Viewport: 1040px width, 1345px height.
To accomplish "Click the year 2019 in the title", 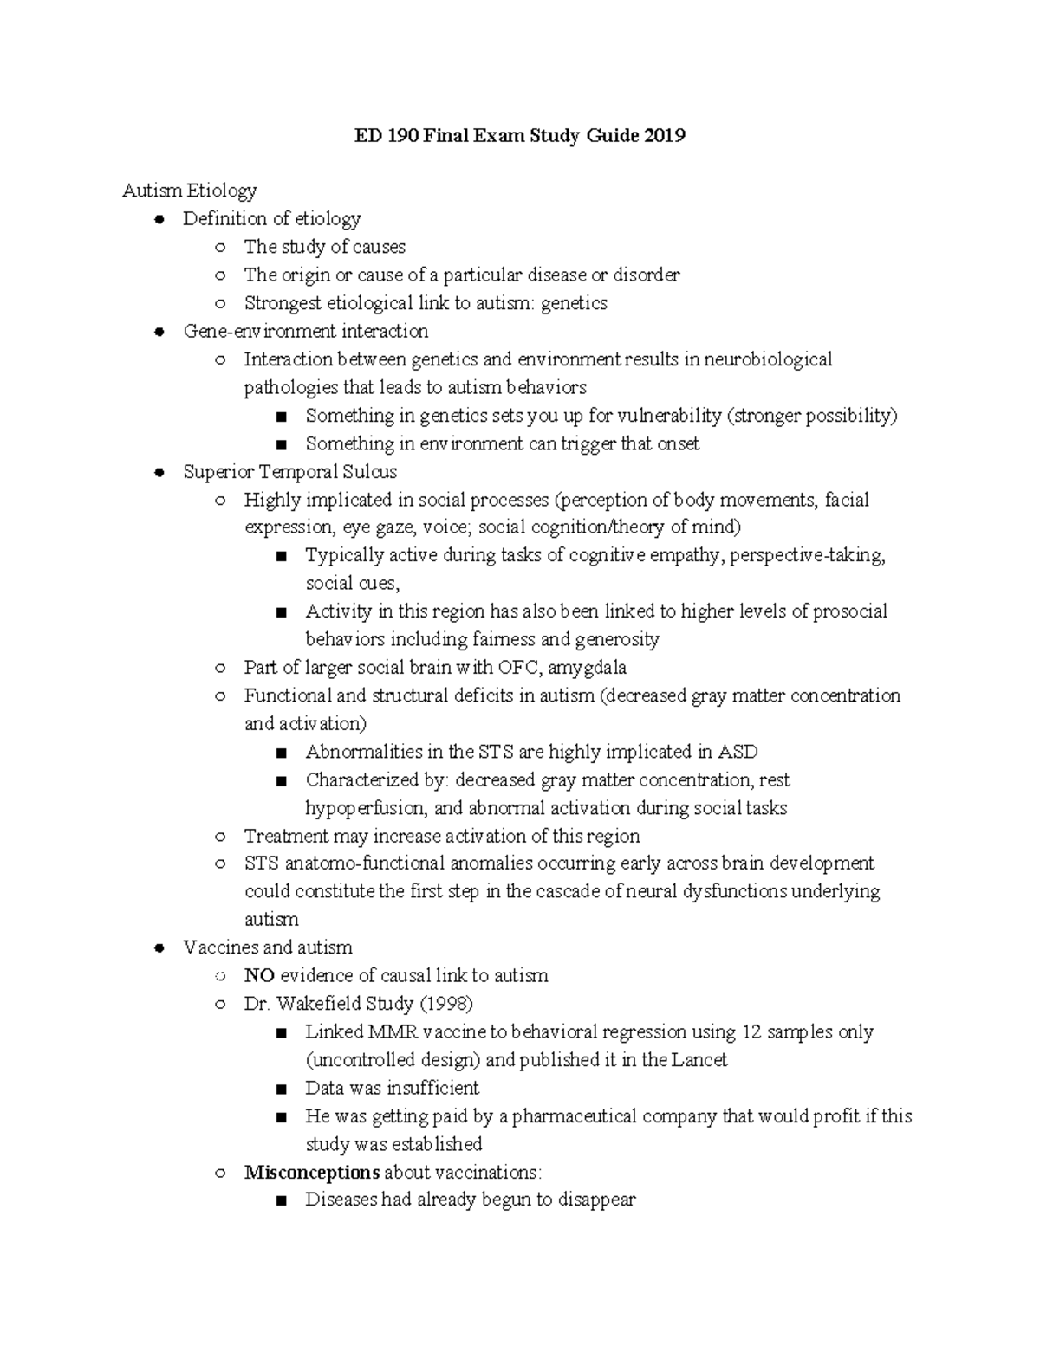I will (x=664, y=136).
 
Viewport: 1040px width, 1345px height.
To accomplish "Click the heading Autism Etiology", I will (x=190, y=191).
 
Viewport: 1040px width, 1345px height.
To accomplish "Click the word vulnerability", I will (x=669, y=416).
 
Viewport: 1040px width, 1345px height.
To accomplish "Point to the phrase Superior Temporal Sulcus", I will (x=290, y=472).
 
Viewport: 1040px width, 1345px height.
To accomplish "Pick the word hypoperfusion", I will (x=365, y=808).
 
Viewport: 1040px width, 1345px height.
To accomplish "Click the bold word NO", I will (x=259, y=976).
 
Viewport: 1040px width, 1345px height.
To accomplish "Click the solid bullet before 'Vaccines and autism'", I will (x=159, y=948).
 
